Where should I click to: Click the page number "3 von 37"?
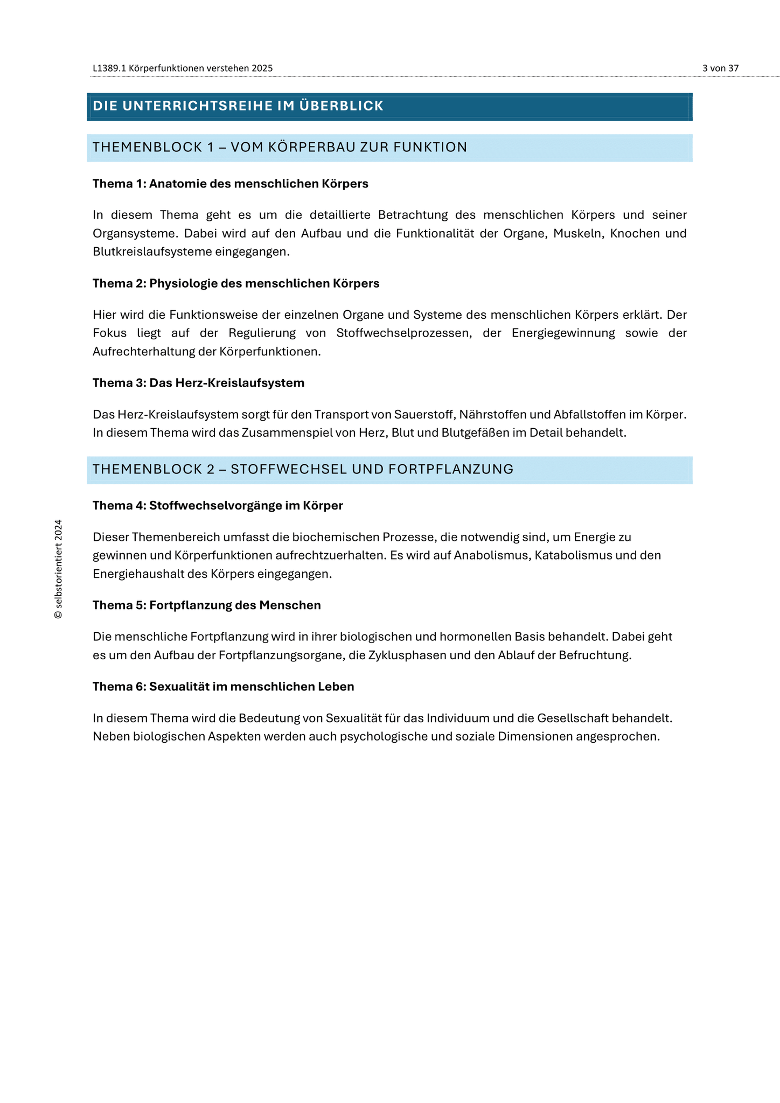pos(720,68)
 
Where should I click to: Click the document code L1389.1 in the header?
pos(109,68)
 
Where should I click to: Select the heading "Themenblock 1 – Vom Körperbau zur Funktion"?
pos(280,148)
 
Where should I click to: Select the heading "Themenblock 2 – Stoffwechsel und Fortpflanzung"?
pos(303,470)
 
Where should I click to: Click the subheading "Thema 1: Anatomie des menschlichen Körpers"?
pos(230,184)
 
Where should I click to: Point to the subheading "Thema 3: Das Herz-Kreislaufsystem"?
pos(198,383)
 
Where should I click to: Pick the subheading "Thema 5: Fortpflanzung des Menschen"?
pos(206,605)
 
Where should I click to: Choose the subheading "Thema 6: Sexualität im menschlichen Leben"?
pos(223,687)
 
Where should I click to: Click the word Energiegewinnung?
pos(563,333)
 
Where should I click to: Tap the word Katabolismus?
pos(573,555)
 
